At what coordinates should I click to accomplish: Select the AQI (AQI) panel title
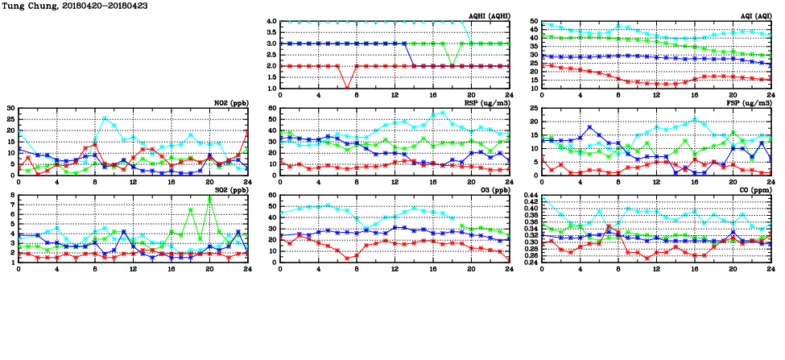pyautogui.click(x=756, y=16)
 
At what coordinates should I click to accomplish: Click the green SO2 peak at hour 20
pyautogui.click(x=209, y=198)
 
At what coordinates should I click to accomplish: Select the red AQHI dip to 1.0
pyautogui.click(x=346, y=88)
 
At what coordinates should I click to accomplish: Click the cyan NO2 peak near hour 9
pyautogui.click(x=105, y=118)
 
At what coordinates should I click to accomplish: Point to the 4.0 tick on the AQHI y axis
pyautogui.click(x=271, y=22)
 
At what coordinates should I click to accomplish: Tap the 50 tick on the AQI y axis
pyautogui.click(x=533, y=22)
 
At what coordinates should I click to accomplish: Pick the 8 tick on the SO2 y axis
pyautogui.click(x=12, y=196)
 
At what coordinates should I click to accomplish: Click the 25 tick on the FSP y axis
pyautogui.click(x=533, y=109)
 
